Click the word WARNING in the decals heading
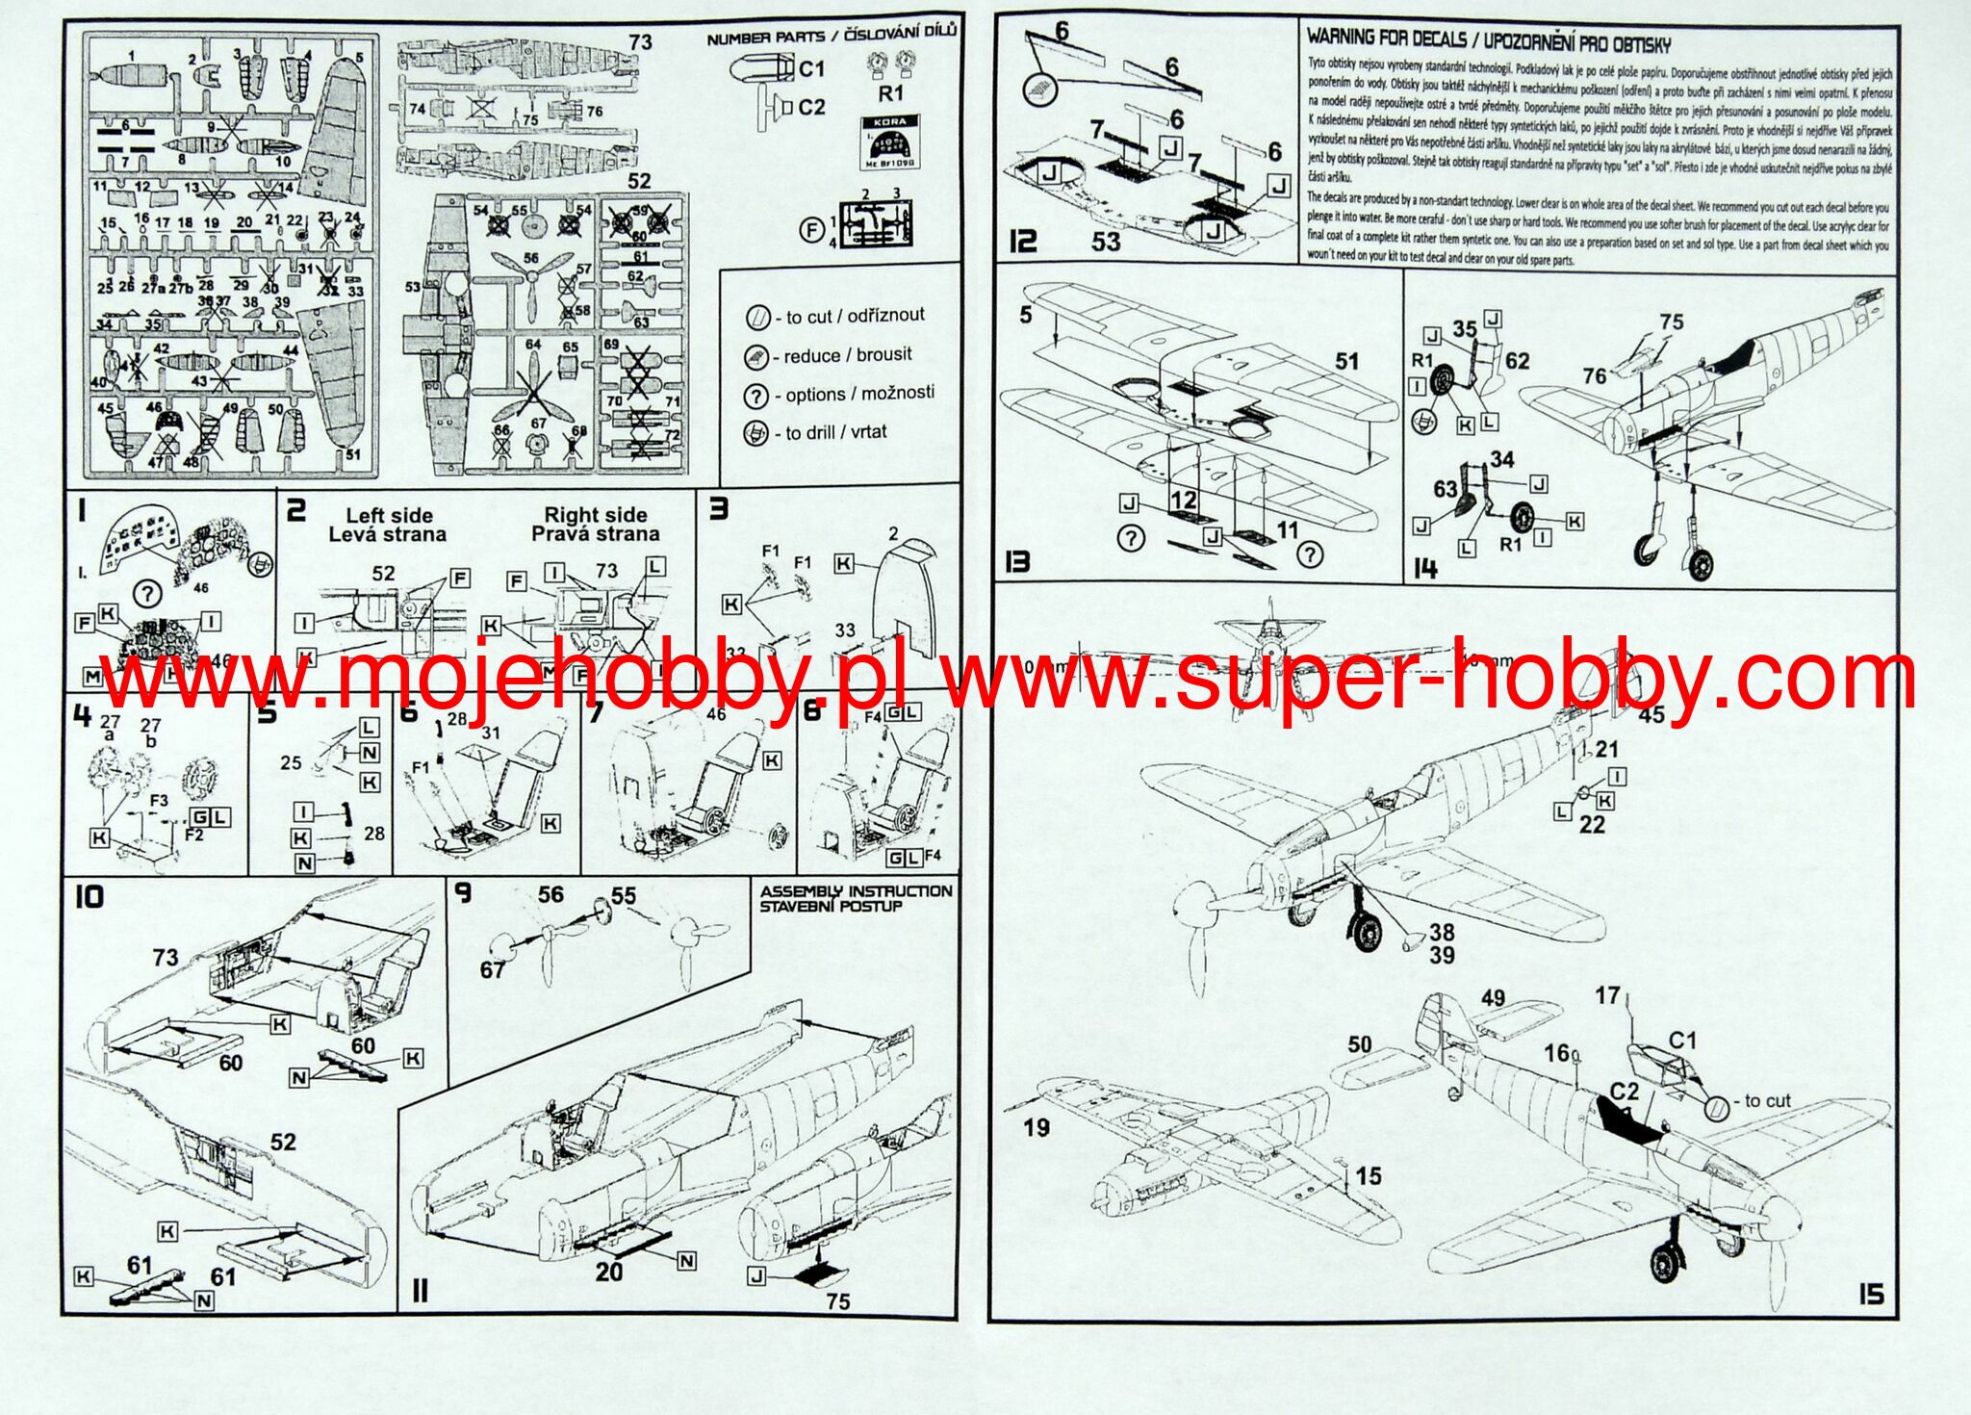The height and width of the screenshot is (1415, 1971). pos(1339,39)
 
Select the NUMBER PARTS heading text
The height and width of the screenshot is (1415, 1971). pos(765,38)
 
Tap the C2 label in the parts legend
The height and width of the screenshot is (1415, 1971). pos(811,107)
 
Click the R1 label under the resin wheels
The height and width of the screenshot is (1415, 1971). pos(891,93)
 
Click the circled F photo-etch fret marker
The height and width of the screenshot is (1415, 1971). pos(813,229)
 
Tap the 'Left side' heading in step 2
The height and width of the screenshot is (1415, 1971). pos(389,516)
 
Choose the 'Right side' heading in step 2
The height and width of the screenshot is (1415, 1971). pos(595,515)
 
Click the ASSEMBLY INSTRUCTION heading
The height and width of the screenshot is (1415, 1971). pos(855,891)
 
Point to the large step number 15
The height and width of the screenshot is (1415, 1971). pos(1870,1294)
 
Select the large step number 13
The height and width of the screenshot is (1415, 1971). pos(1017,562)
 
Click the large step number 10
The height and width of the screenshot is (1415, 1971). pos(89,897)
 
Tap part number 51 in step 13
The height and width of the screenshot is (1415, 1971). pos(1346,362)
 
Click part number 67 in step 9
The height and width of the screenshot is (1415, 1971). pos(493,969)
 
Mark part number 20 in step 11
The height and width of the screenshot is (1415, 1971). pos(608,1272)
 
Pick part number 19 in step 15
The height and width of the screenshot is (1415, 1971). pos(1036,1127)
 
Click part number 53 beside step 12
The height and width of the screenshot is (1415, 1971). pos(1106,241)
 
